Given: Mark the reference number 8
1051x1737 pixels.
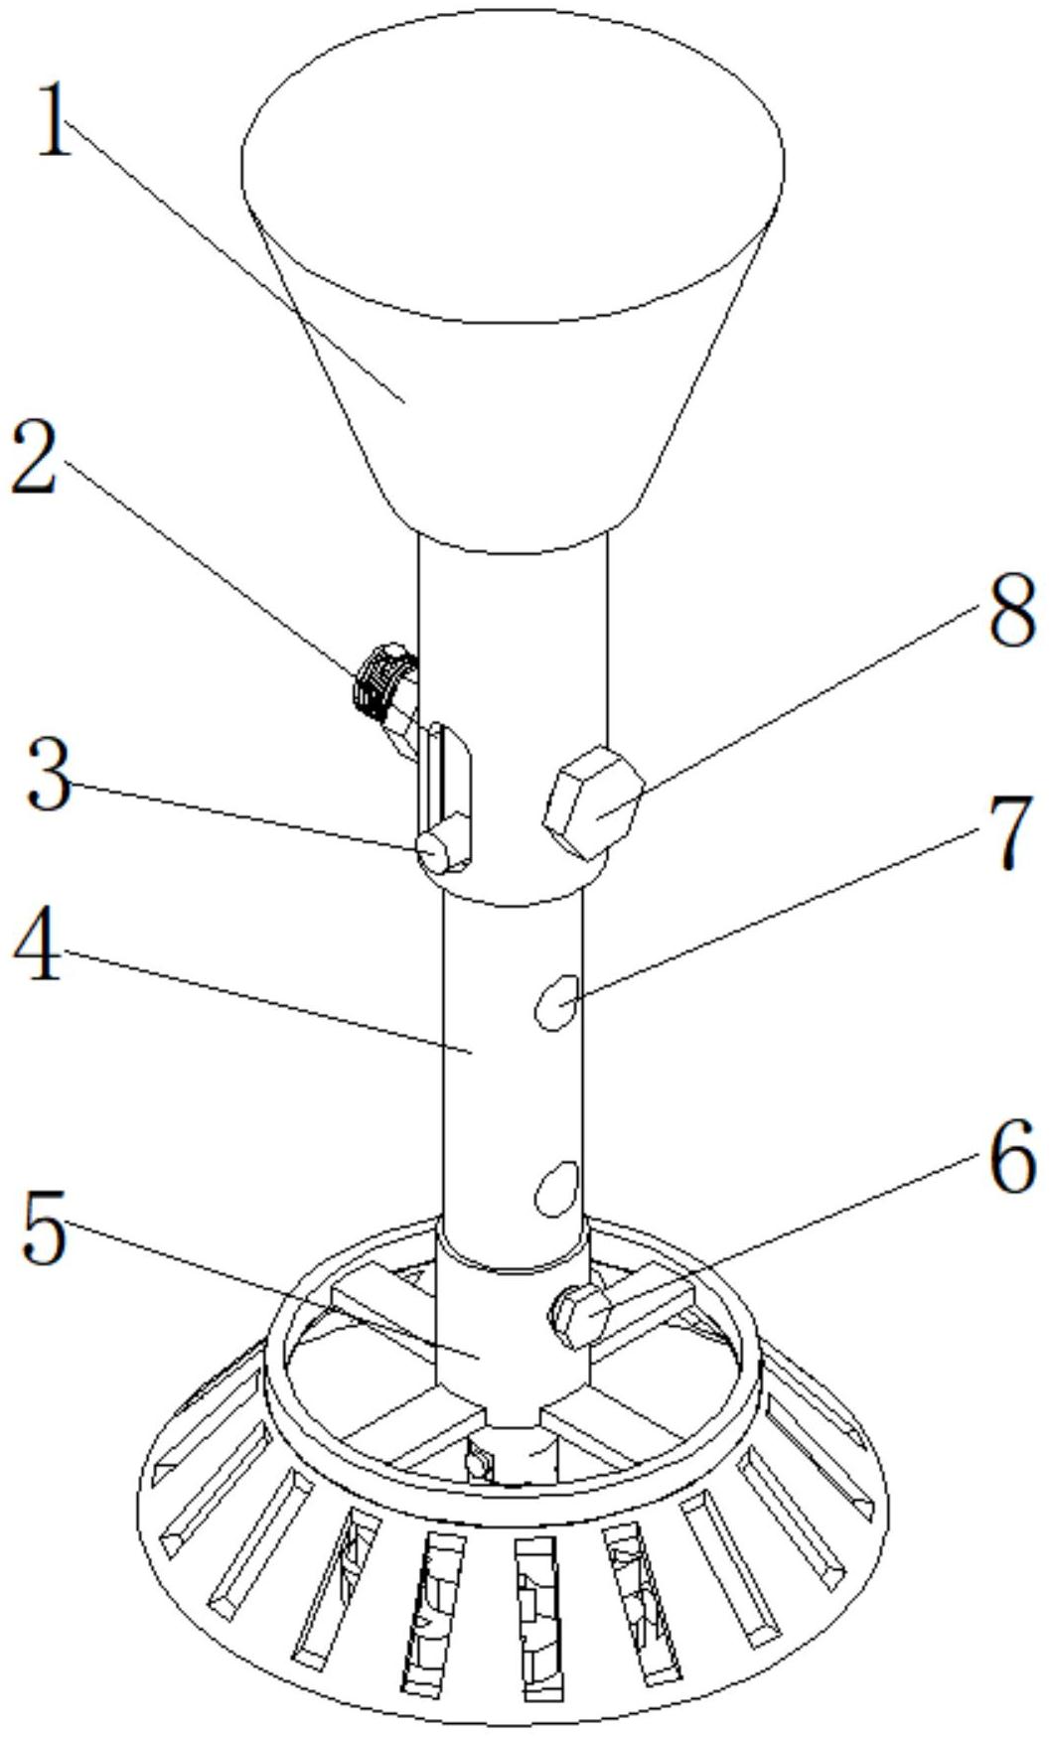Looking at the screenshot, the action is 1011,609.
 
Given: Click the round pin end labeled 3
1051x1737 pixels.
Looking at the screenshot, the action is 434,852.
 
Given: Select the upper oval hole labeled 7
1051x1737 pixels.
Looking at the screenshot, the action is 555,1001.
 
